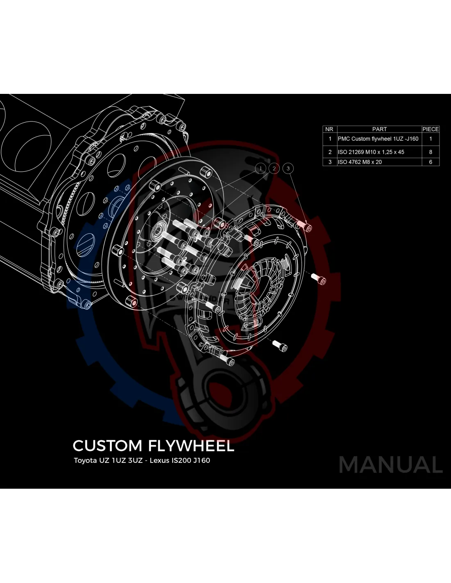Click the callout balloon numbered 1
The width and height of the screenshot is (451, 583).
tap(260, 168)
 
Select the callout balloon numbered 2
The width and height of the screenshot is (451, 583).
tap(274, 168)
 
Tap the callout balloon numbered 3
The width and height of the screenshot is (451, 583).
tap(288, 168)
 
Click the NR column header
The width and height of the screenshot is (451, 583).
tap(329, 129)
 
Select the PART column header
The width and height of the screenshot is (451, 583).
tap(379, 129)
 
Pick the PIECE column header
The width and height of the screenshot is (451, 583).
tap(430, 129)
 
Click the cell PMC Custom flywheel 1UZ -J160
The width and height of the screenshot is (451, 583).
tap(378, 139)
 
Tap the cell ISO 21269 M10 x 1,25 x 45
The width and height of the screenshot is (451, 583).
tap(371, 152)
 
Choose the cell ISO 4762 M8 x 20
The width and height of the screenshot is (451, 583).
tap(360, 162)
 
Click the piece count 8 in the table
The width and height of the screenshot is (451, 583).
tap(430, 152)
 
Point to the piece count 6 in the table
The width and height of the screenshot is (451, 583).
tap(430, 162)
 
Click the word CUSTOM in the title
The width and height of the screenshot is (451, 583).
tap(107, 446)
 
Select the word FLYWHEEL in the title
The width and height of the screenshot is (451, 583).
tap(191, 446)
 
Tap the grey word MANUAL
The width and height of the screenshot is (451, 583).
tap(391, 465)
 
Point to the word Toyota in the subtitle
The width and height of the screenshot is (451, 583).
tap(85, 460)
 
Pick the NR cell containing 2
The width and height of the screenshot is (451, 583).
tap(330, 152)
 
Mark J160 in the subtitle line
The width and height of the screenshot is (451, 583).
tap(202, 460)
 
